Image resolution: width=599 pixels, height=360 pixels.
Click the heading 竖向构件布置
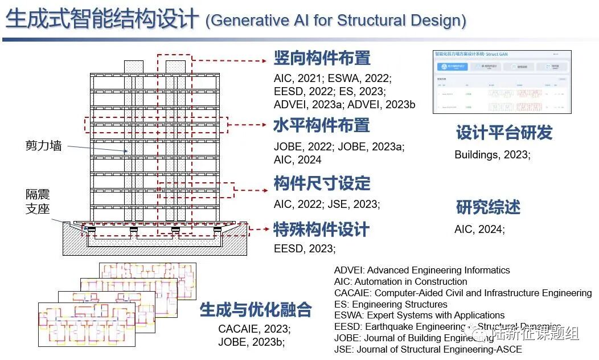pyautogui.click(x=322, y=58)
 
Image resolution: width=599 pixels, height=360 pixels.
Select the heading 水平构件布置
pyautogui.click(x=322, y=125)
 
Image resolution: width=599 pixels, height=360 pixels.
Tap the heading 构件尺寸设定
pyautogui.click(x=322, y=183)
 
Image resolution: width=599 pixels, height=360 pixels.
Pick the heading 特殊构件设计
pyautogui.click(x=322, y=230)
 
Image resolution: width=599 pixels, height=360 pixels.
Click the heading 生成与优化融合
pyautogui.click(x=256, y=310)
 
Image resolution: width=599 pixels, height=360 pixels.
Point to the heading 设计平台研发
pyautogui.click(x=504, y=133)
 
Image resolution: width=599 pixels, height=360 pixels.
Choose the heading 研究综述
pyautogui.click(x=488, y=207)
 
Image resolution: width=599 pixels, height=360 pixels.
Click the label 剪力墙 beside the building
pyautogui.click(x=43, y=146)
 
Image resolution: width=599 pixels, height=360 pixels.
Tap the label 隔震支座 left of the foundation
pyautogui.click(x=38, y=202)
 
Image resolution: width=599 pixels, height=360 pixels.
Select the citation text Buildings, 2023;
pyautogui.click(x=492, y=155)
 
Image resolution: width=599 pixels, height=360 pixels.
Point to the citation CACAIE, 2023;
pyautogui.click(x=254, y=329)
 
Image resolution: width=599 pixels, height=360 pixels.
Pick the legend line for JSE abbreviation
pyautogui.click(x=428, y=349)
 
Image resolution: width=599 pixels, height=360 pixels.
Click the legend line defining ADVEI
pyautogui.click(x=422, y=270)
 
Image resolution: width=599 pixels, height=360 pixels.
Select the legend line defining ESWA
pyautogui.click(x=419, y=315)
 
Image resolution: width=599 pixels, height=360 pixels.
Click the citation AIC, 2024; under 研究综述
pyautogui.click(x=479, y=230)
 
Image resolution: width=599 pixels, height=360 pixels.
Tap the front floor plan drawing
pyautogui.click(x=87, y=324)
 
